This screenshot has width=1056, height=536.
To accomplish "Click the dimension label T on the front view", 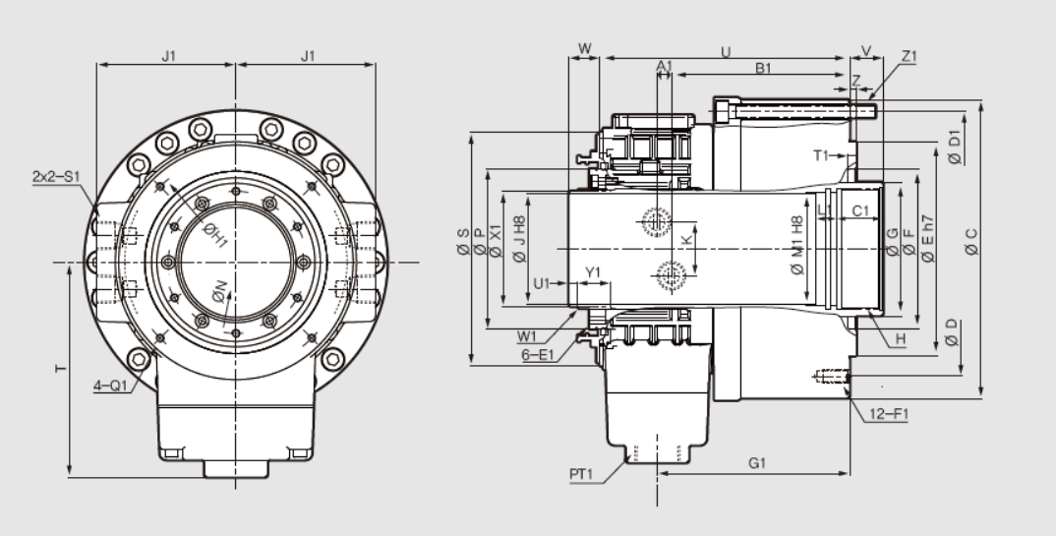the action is coord(61,369).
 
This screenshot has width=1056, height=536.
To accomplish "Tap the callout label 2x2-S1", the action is coord(56,176).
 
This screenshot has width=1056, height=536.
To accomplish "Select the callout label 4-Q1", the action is coord(110,386).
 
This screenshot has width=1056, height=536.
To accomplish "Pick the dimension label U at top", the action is coord(726,52).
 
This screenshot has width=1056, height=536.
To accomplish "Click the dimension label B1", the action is coord(762,68).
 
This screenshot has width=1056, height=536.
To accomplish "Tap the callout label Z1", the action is coord(909,57).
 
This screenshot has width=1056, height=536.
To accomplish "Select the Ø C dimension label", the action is coord(970,242).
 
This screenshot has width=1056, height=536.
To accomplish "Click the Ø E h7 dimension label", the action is coord(927,238).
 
